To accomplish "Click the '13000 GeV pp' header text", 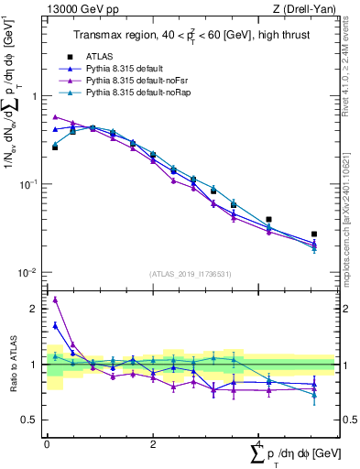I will (x=81, y=9).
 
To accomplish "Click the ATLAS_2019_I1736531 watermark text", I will (x=190, y=273).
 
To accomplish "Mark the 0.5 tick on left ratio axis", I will (x=34, y=420).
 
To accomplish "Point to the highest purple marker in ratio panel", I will (x=55, y=300).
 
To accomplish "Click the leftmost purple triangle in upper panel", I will (x=55, y=117).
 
